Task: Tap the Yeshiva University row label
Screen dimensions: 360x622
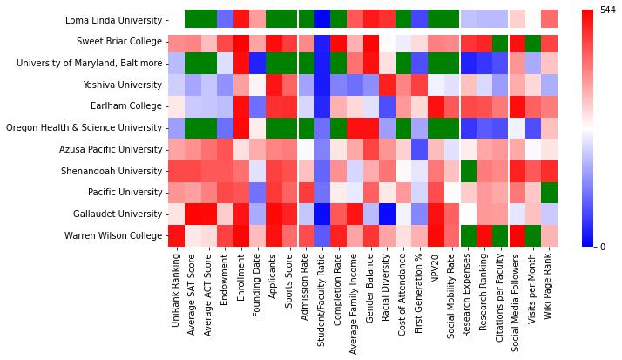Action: [x=123, y=85]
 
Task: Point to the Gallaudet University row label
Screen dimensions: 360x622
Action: [x=118, y=214]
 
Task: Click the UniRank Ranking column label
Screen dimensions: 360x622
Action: [x=177, y=283]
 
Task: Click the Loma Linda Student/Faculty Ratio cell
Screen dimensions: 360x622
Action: [x=322, y=20]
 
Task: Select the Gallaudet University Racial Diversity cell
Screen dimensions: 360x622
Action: [x=387, y=214]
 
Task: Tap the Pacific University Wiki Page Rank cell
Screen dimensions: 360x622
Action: [x=549, y=192]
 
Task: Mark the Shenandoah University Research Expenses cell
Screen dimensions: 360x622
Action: [x=468, y=171]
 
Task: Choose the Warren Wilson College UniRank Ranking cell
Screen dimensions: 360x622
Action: [x=177, y=235]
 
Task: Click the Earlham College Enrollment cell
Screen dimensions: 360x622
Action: [x=241, y=106]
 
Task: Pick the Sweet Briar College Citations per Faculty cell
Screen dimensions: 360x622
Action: [x=500, y=42]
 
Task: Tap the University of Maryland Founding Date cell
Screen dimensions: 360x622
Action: [x=258, y=63]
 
